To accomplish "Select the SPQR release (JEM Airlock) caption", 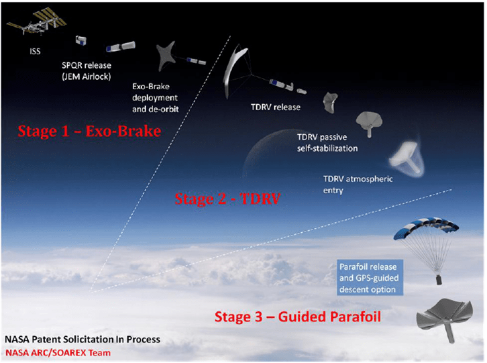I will point(88,70).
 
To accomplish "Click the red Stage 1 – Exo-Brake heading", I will point(89,131).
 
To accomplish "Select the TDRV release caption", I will point(272,107).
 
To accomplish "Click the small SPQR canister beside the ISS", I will point(82,41).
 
